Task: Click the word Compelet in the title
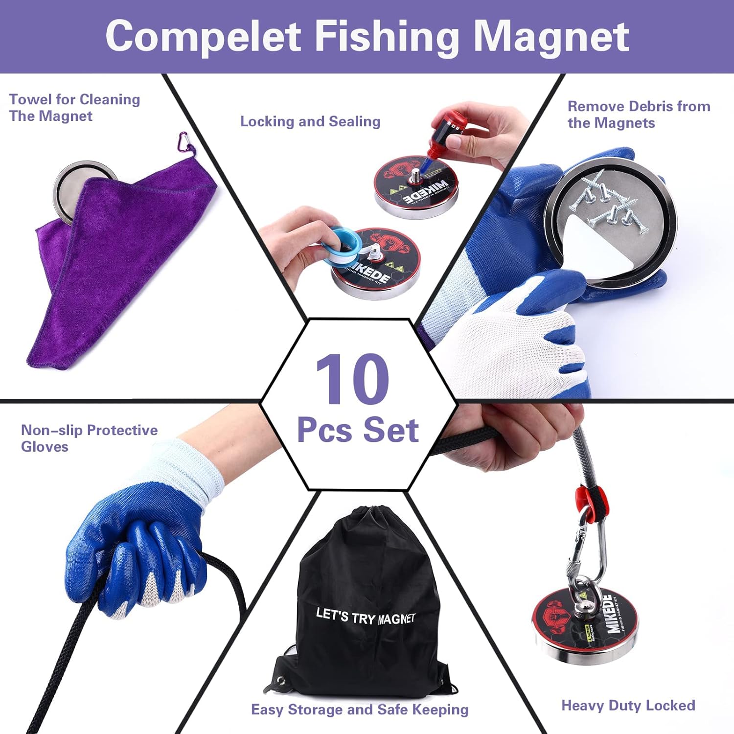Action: coord(203,37)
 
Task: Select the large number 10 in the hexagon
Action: coord(352,379)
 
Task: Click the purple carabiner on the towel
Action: coord(184,142)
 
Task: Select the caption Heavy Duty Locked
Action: coord(628,705)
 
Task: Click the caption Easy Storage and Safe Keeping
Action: coord(360,709)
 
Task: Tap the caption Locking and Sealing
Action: coord(310,121)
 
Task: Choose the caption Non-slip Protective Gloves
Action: coord(89,438)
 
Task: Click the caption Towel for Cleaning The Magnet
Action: coord(74,108)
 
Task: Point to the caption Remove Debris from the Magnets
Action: coord(639,114)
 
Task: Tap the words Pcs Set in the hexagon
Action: coord(358,430)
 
